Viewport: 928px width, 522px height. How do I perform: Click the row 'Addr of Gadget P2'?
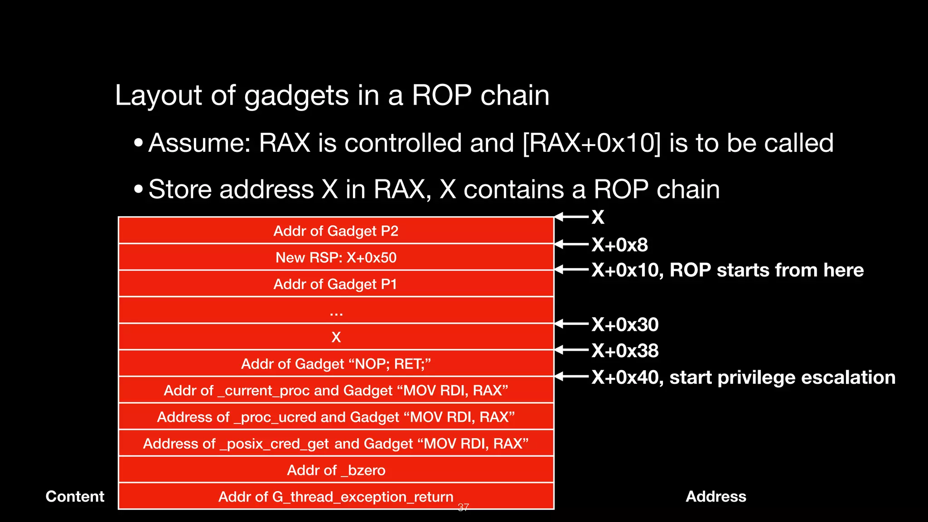point(336,231)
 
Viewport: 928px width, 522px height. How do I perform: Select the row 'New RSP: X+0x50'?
point(336,257)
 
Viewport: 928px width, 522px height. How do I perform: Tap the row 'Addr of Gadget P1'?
point(336,284)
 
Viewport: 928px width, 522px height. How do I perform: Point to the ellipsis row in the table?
point(336,311)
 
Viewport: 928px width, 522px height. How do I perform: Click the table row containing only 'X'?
point(336,337)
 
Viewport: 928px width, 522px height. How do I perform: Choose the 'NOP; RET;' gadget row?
point(336,364)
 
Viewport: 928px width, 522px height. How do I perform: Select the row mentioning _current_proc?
point(336,391)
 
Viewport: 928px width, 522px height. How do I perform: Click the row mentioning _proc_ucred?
point(336,417)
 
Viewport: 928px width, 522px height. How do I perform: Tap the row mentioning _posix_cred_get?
point(336,444)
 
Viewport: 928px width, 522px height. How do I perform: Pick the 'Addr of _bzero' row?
point(336,470)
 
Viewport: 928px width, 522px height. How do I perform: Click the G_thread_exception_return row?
point(336,497)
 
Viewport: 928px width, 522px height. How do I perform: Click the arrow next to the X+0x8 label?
point(572,244)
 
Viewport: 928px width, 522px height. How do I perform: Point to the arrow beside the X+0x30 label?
point(572,324)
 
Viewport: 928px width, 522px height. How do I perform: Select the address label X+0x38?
point(625,351)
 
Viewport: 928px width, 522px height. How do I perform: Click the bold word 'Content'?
point(75,497)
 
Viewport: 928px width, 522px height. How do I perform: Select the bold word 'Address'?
point(716,497)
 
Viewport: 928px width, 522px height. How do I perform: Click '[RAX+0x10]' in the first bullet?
point(591,143)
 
